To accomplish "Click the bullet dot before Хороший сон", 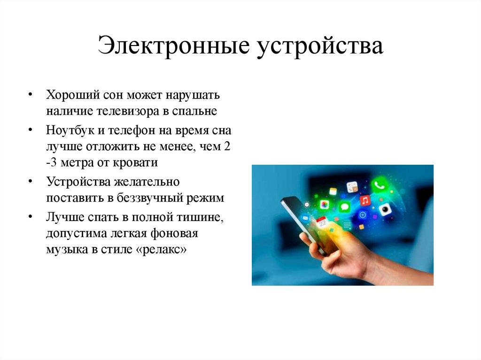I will (30, 95).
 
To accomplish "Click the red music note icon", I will (365, 200).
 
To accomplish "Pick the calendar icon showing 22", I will (321, 222).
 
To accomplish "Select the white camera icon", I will (385, 209).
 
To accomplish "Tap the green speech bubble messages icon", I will (344, 207).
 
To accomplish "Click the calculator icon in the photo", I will (352, 187).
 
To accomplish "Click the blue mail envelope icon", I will (305, 218).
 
